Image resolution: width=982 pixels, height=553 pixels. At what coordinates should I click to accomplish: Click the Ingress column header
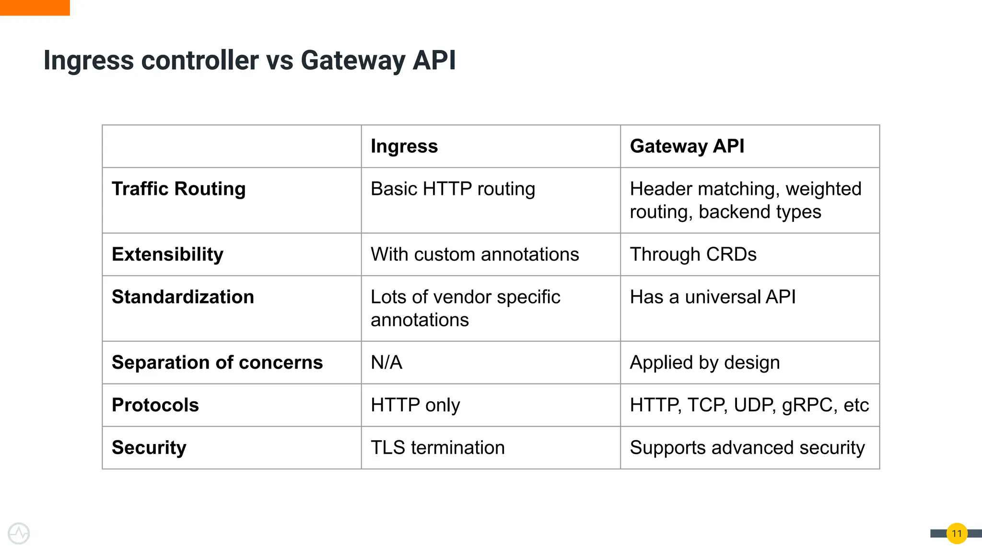click(x=404, y=146)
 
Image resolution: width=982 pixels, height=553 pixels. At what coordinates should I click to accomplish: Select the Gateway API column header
click(x=687, y=146)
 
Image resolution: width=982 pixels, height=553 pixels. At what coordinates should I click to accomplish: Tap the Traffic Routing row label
click(x=178, y=189)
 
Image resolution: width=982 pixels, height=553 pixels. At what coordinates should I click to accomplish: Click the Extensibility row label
click(x=167, y=254)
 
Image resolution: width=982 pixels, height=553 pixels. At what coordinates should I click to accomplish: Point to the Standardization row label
click(x=183, y=297)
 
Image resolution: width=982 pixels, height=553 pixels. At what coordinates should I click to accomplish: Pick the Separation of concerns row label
click(x=217, y=362)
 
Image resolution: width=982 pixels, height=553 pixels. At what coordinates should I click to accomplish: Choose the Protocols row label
click(x=155, y=405)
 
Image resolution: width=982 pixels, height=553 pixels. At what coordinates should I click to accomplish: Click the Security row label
click(x=149, y=448)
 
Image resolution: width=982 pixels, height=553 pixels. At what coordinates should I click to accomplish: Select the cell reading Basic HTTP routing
click(x=453, y=189)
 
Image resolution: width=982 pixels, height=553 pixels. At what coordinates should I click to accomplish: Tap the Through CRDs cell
click(x=693, y=254)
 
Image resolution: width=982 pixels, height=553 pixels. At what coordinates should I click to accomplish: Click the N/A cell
click(x=386, y=362)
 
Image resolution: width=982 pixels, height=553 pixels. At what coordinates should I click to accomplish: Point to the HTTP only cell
click(x=415, y=405)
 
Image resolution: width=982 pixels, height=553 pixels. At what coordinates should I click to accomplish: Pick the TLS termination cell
click(x=437, y=448)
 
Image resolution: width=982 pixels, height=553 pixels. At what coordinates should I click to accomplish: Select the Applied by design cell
click(x=704, y=362)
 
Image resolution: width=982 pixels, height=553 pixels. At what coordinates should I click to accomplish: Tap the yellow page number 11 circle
click(x=957, y=533)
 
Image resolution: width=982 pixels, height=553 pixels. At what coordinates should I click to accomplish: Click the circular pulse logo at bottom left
click(x=19, y=533)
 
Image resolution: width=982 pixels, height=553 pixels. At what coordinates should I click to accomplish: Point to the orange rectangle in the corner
click(x=35, y=7)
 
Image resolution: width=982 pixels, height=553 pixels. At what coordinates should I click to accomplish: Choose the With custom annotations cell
click(x=475, y=254)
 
